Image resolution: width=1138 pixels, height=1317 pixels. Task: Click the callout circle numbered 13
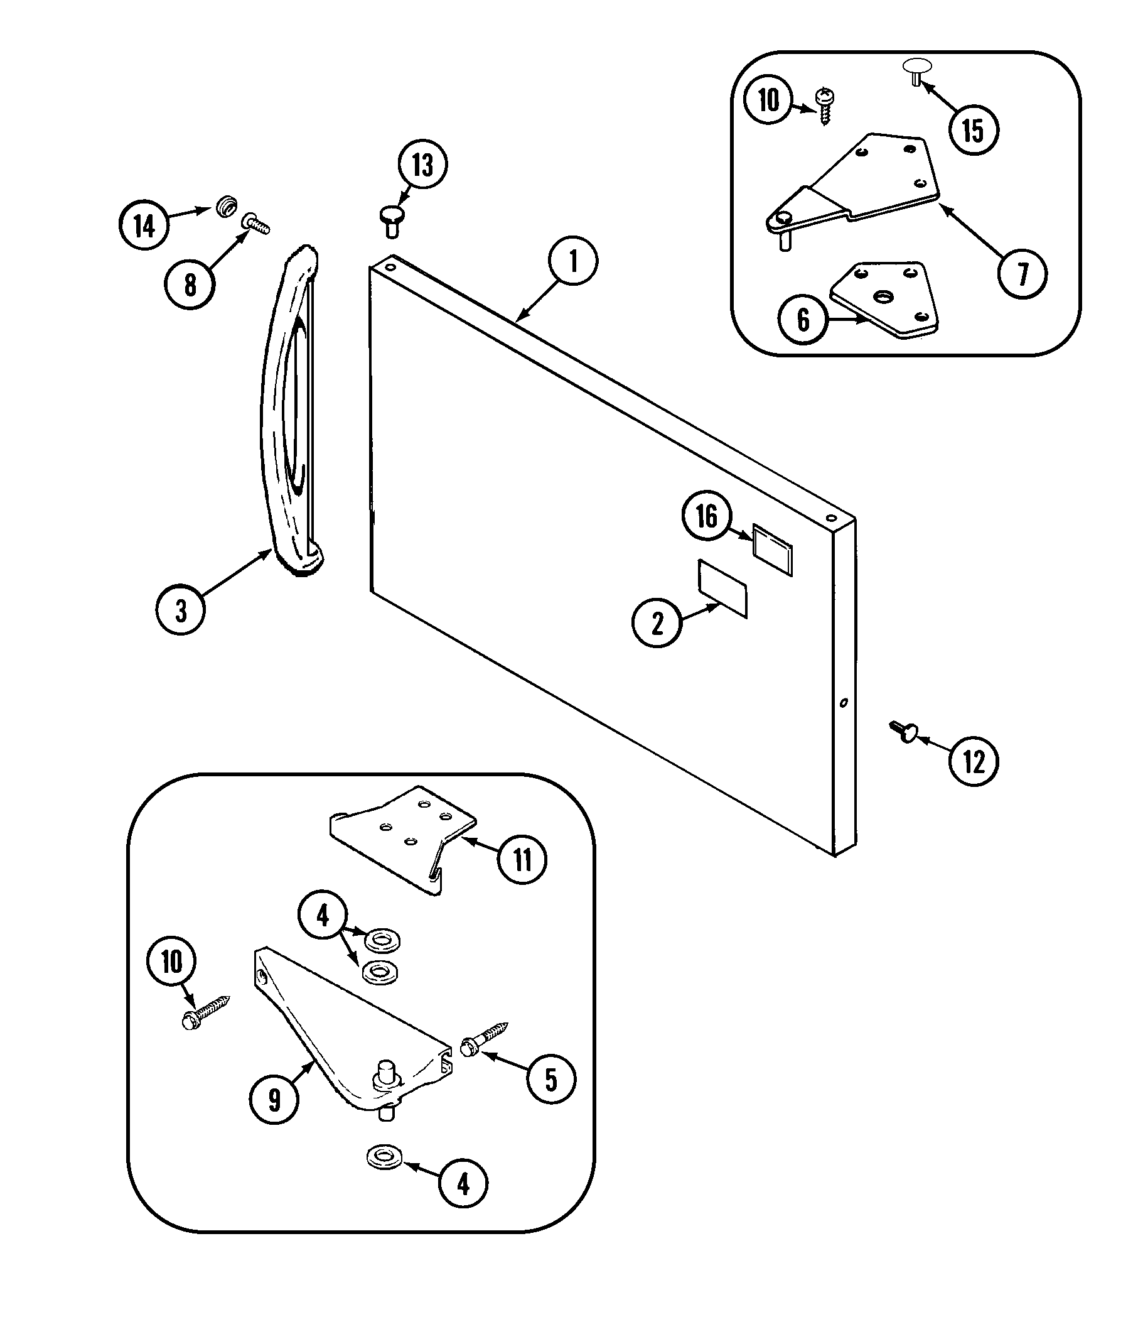422,165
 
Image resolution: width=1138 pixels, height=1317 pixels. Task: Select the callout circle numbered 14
144,225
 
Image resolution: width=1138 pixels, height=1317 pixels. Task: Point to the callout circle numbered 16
707,516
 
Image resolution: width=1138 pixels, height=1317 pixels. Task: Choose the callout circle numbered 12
974,761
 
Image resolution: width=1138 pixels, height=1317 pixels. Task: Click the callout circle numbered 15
974,130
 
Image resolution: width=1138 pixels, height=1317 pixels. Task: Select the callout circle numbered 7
1023,274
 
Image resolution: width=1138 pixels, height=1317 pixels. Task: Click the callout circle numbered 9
274,1100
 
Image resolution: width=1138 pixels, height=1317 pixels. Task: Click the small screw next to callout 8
256,223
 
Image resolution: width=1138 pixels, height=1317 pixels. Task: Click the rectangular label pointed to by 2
722,588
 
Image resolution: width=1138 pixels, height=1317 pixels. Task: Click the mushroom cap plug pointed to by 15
917,68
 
